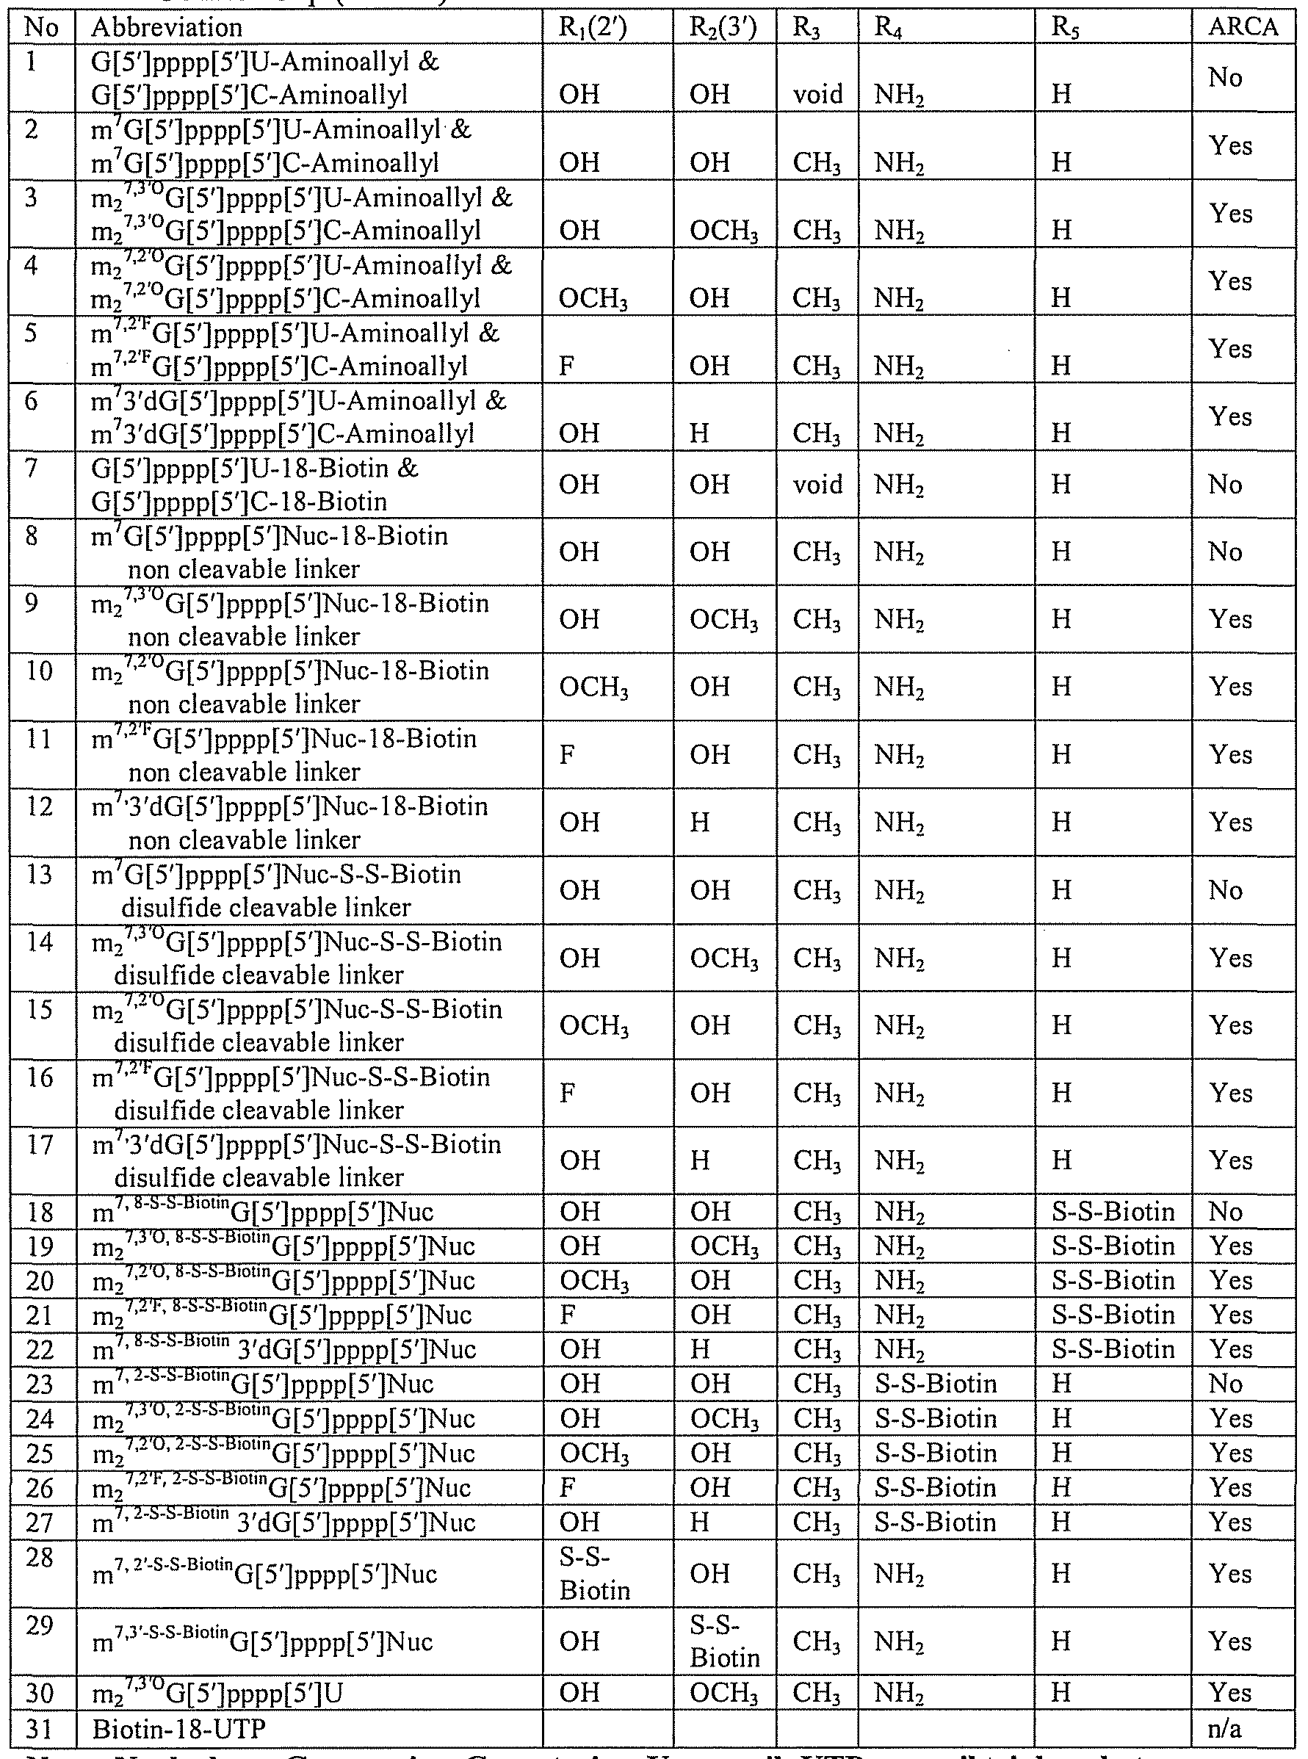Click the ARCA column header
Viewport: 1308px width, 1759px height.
point(1243,27)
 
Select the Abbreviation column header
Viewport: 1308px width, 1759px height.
point(166,27)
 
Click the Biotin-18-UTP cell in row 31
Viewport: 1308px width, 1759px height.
point(179,1730)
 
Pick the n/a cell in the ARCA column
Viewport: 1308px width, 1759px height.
point(1224,1730)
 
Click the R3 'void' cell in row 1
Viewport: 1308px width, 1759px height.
point(818,94)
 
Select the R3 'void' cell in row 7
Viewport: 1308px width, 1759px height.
point(818,485)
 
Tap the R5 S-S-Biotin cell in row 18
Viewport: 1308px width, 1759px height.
point(1113,1212)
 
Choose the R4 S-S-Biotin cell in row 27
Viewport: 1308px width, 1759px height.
point(935,1523)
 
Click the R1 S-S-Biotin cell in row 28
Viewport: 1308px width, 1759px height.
point(594,1574)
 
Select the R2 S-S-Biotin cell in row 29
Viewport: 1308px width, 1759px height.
point(723,1641)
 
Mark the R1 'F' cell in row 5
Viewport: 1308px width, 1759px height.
point(567,366)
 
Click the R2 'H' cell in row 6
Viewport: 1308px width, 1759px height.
point(699,434)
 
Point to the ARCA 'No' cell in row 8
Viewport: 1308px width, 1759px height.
point(1225,552)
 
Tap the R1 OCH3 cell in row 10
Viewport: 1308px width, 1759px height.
point(594,687)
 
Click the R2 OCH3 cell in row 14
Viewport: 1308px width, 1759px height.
point(723,958)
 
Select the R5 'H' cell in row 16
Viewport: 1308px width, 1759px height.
point(1061,1094)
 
